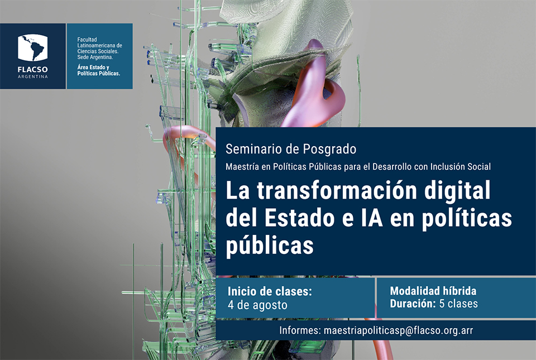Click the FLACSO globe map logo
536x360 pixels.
click(x=33, y=48)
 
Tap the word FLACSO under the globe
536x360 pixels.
click(x=33, y=70)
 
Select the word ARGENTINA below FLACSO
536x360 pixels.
click(x=33, y=76)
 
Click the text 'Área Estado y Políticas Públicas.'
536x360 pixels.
click(x=98, y=70)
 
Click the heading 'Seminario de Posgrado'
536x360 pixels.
click(x=291, y=149)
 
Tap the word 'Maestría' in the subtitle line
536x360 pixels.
click(x=242, y=167)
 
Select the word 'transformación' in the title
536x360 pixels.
click(x=337, y=190)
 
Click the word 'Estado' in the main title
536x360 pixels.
click(x=299, y=219)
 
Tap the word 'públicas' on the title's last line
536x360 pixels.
click(x=270, y=246)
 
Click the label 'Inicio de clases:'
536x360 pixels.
click(x=270, y=291)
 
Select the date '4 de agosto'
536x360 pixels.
click(x=257, y=305)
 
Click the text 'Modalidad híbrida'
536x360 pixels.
click(x=433, y=291)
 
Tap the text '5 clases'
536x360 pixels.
click(x=458, y=303)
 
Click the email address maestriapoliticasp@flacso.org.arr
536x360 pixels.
click(x=398, y=330)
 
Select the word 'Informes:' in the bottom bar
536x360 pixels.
click(x=300, y=330)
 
